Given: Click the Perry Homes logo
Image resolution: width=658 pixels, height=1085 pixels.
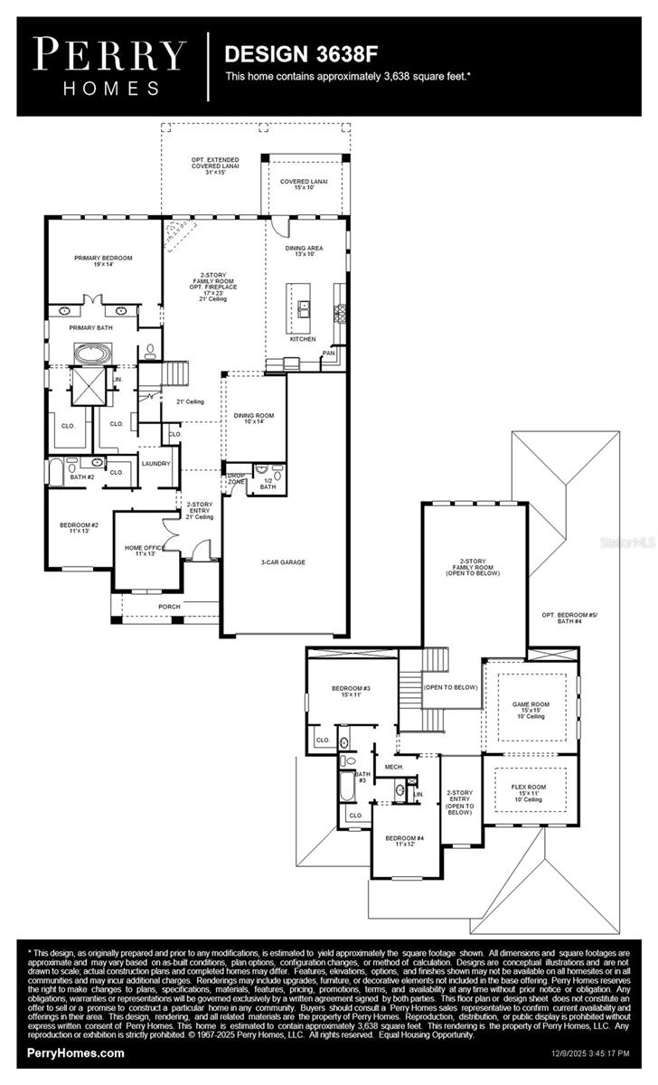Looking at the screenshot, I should point(109,65).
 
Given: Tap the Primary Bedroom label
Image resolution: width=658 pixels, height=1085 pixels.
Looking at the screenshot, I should point(103,261).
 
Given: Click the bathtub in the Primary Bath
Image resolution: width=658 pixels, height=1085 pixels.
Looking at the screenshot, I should point(90,353).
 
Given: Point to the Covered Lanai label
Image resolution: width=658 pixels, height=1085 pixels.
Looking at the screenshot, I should point(303,184).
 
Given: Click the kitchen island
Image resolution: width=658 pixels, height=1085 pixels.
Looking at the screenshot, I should point(300,309).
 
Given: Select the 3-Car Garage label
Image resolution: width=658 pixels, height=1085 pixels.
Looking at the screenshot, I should point(284,561).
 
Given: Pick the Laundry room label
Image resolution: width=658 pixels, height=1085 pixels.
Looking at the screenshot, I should point(155,464).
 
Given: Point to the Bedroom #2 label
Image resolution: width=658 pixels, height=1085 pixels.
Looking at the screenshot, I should point(80,528).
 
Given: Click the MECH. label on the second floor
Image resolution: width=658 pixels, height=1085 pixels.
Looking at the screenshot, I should point(393,767).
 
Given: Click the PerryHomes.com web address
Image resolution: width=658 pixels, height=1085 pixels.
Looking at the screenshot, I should point(76,1053).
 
